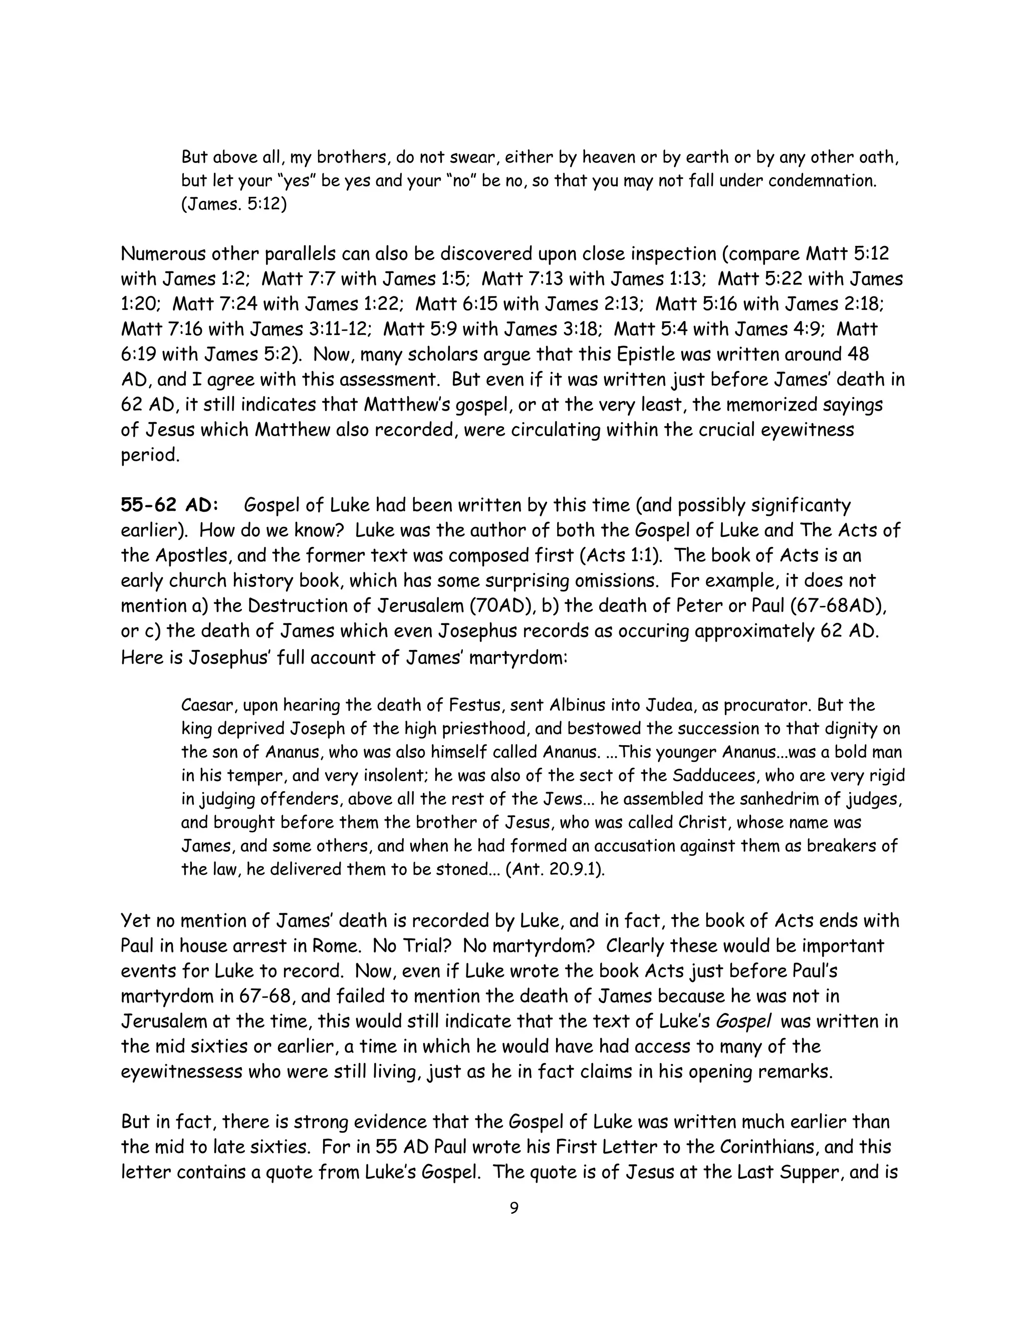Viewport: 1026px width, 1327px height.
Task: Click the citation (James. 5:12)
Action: click(233, 204)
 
